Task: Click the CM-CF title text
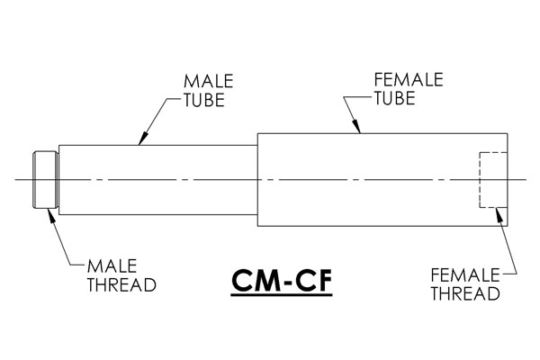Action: (x=282, y=280)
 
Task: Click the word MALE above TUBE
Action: (x=209, y=81)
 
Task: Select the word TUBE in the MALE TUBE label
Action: (x=204, y=100)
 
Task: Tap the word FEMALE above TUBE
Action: (x=409, y=79)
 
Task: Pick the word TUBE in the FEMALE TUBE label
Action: (x=395, y=98)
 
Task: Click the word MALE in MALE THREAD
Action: (x=112, y=266)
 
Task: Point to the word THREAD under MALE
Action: (x=121, y=284)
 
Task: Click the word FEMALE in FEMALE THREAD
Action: (x=465, y=274)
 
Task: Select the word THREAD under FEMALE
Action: (x=465, y=293)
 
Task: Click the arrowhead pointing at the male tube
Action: (x=142, y=139)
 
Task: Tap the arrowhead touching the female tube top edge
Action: (x=356, y=126)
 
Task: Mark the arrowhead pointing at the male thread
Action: (x=51, y=214)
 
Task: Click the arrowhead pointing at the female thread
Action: (x=498, y=214)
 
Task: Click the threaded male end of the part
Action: (x=45, y=179)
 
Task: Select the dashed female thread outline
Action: (x=480, y=179)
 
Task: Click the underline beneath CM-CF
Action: (x=282, y=295)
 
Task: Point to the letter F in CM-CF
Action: (x=323, y=280)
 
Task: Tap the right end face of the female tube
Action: (x=508, y=179)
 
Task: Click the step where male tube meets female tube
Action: (x=257, y=179)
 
